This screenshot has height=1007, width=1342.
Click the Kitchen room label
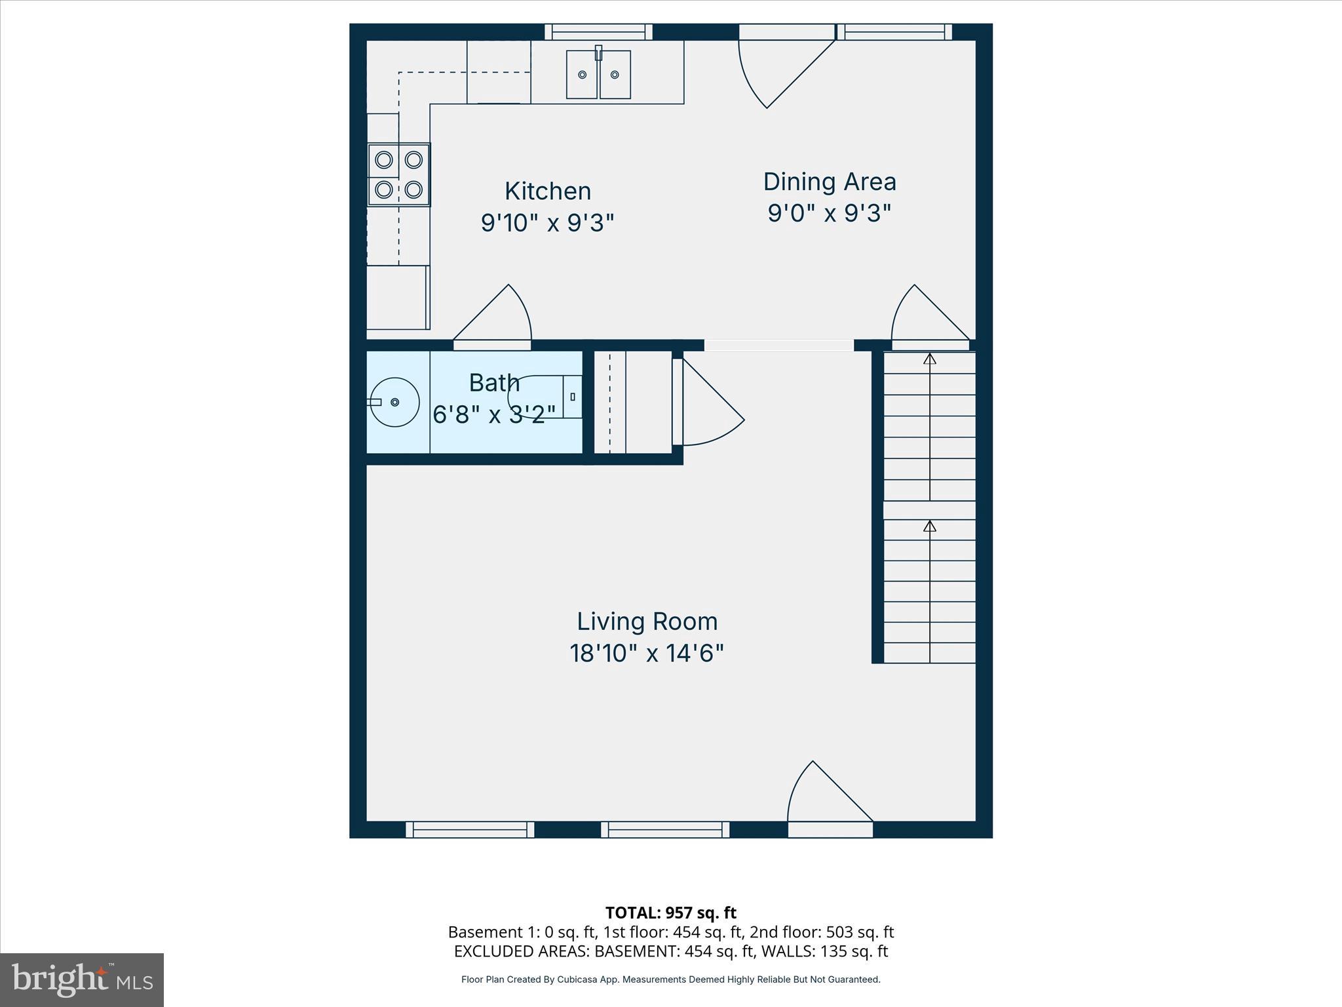pyautogui.click(x=548, y=191)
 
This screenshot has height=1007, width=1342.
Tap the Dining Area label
pyautogui.click(x=829, y=182)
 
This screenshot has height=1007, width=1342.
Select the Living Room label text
pyautogui.click(x=647, y=622)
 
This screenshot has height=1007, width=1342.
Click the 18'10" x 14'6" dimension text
pyautogui.click(x=647, y=654)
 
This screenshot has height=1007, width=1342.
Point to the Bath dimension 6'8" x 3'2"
pyautogui.click(x=494, y=414)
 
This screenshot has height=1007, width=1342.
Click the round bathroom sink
pyautogui.click(x=394, y=402)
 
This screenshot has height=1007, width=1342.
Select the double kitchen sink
pyautogui.click(x=598, y=75)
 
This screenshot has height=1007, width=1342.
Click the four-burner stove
pyautogui.click(x=398, y=174)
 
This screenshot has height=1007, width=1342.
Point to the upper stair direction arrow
pyautogui.click(x=929, y=359)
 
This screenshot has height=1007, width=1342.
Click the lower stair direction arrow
pyautogui.click(x=929, y=526)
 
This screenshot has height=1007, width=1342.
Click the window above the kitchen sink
pyautogui.click(x=598, y=32)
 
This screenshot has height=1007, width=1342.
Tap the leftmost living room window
pyautogui.click(x=470, y=829)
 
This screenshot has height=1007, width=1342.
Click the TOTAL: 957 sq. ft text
pyautogui.click(x=670, y=913)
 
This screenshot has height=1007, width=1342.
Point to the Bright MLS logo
pyautogui.click(x=82, y=979)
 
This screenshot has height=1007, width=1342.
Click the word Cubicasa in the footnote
pyautogui.click(x=577, y=979)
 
